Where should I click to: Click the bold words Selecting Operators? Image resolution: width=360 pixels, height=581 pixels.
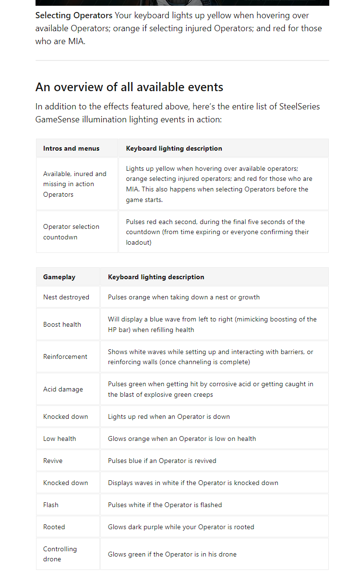(73, 15)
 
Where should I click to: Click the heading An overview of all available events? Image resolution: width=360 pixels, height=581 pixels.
(129, 87)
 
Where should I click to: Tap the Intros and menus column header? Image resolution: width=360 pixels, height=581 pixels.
(71, 148)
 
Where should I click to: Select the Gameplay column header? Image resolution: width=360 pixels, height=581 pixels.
(59, 277)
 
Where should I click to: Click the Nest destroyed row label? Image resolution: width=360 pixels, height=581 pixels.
(66, 297)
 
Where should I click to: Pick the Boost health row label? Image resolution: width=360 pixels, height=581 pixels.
(62, 324)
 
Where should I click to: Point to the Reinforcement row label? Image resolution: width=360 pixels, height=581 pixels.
(65, 356)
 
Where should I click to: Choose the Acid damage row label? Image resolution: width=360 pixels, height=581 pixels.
(63, 389)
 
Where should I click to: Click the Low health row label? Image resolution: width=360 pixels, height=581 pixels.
(60, 439)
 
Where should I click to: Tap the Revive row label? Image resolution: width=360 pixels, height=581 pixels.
(53, 461)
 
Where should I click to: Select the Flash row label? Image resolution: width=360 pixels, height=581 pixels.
(51, 505)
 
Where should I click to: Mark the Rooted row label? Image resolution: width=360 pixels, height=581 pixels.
(54, 527)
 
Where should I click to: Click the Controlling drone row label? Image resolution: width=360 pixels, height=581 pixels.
(60, 554)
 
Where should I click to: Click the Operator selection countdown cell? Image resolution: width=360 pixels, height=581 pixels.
(71, 232)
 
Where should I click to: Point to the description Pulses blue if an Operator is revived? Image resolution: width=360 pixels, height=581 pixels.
(162, 461)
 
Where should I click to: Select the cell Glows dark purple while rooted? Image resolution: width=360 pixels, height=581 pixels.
(181, 527)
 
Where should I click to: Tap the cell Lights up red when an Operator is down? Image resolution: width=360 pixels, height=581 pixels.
(169, 416)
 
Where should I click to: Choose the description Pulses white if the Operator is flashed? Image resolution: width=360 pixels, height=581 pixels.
(165, 505)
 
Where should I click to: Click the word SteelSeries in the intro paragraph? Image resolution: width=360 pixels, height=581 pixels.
(300, 107)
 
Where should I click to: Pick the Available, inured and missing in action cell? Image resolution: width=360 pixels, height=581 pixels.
(75, 184)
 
